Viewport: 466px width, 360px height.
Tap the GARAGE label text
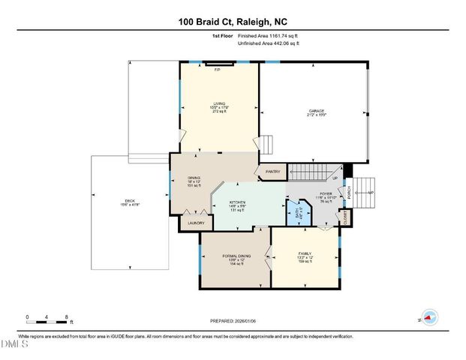tap(316, 111)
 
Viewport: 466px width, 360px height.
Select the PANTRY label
tap(271, 172)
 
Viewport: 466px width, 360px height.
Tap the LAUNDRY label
tap(196, 222)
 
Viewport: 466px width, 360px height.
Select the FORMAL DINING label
tap(236, 256)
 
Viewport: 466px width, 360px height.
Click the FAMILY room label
tap(305, 256)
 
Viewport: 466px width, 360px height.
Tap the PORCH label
tap(349, 193)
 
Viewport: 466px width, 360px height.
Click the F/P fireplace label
tap(218, 70)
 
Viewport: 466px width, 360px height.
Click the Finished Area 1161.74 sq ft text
tap(268, 35)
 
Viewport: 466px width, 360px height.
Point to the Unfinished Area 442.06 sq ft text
tap(268, 43)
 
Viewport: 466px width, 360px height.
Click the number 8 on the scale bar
tap(68, 317)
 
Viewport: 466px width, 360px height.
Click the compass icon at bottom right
tap(428, 316)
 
